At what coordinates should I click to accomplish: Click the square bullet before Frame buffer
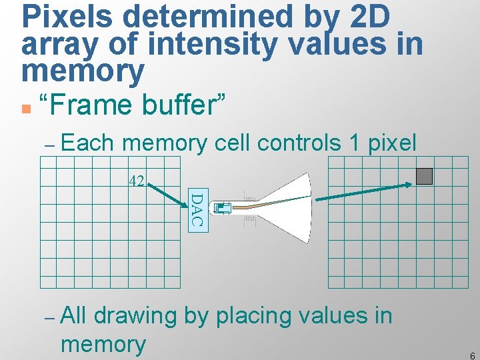point(25,107)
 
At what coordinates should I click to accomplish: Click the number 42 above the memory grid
point(137,181)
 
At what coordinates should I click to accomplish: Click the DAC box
point(196,210)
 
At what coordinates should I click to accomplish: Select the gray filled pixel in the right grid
point(424,176)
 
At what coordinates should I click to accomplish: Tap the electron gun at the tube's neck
point(223,209)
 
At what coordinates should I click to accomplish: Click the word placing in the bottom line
point(248,315)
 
